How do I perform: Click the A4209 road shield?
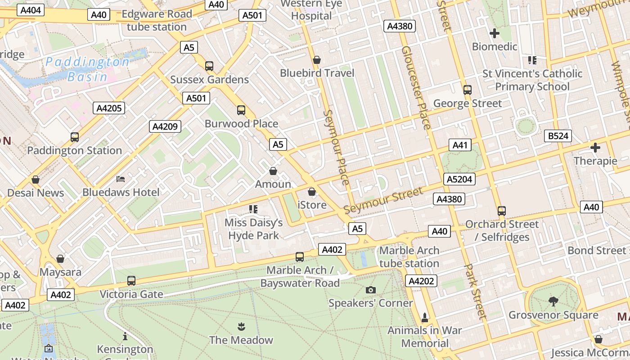pos(165,126)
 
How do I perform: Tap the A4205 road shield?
pos(108,108)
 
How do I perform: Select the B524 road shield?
pos(558,136)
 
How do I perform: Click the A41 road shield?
pos(460,145)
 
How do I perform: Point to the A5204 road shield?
pos(459,180)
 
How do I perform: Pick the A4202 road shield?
pos(421,281)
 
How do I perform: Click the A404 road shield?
pos(31,10)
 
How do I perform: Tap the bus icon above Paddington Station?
pos(75,137)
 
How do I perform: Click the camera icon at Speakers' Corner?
pos(370,290)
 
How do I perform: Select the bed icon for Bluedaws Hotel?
pos(121,179)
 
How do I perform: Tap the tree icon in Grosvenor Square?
pos(553,301)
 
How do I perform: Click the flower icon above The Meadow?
pos(241,326)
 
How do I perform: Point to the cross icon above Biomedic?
pos(494,33)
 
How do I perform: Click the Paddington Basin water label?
pos(87,69)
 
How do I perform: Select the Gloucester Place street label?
pos(416,88)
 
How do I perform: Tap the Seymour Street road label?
pos(383,201)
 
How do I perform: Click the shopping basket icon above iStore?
pos(312,192)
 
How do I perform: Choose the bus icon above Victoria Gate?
pos(131,281)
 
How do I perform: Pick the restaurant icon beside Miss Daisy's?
pos(253,209)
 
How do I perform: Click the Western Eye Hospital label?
pos(311,10)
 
